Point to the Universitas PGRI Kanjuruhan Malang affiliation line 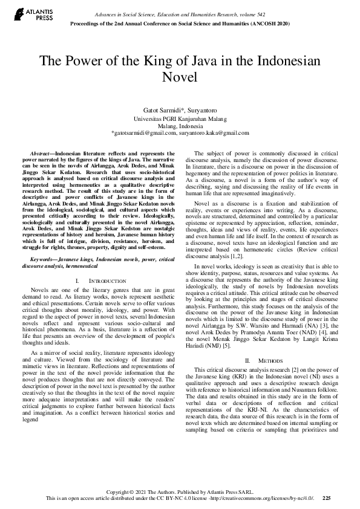coord(180,119)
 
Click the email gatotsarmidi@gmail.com coord(143,132)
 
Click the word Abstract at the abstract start coord(42,155)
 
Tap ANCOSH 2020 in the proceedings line coord(268,23)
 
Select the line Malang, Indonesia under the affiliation coord(180,126)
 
